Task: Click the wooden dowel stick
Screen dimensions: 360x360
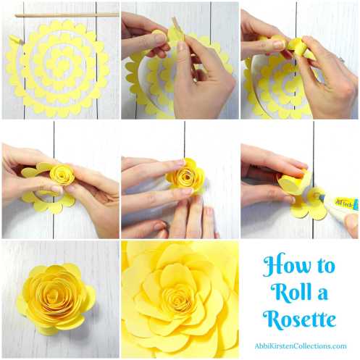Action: coord(67,15)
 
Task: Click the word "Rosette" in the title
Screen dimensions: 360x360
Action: coord(299,319)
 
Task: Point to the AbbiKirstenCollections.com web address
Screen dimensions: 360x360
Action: coord(301,346)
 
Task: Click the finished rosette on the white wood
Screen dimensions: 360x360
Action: coord(56,299)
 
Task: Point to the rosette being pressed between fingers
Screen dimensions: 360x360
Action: coord(185,176)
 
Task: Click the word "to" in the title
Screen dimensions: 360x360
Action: coord(325,266)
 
